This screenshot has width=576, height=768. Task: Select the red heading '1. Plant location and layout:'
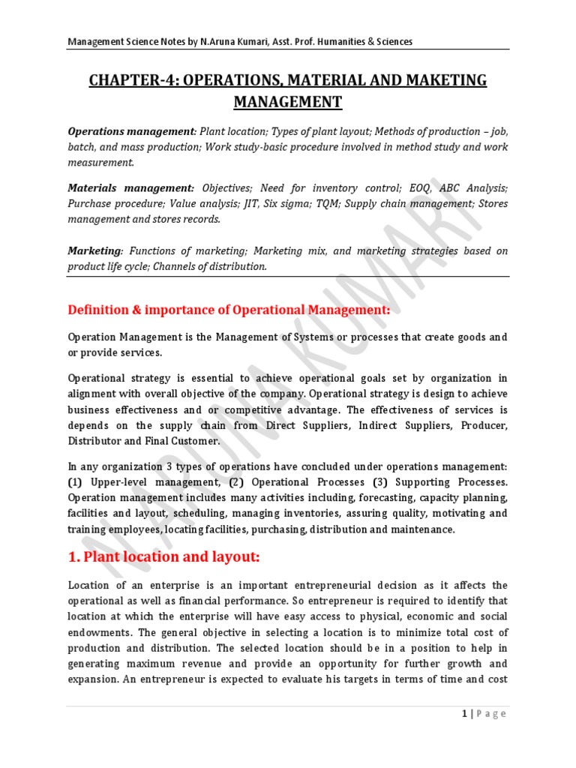click(x=163, y=557)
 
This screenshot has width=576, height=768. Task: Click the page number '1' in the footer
click(x=465, y=714)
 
